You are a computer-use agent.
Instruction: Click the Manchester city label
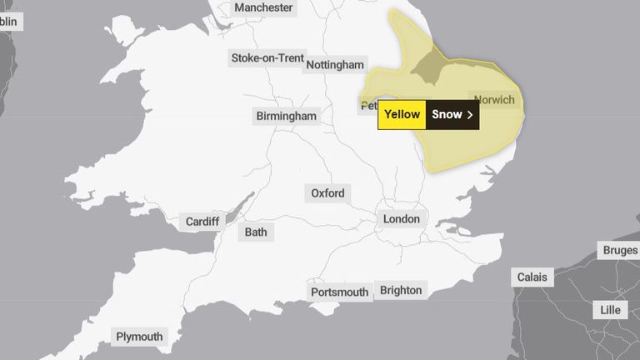(x=263, y=7)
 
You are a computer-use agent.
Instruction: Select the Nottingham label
(x=335, y=65)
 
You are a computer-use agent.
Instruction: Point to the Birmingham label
(x=287, y=116)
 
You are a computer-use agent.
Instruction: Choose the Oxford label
(x=327, y=193)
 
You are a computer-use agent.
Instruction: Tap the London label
(x=402, y=219)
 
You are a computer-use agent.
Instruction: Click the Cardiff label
(x=202, y=222)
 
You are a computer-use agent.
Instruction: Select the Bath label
(x=256, y=232)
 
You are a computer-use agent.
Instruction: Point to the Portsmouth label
(x=339, y=292)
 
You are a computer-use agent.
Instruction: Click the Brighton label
(x=402, y=290)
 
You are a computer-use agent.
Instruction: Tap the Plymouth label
(x=139, y=337)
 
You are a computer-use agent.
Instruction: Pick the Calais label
(x=532, y=277)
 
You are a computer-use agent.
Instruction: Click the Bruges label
(x=620, y=251)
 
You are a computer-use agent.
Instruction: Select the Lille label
(x=611, y=310)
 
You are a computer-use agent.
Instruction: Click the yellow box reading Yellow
(x=402, y=115)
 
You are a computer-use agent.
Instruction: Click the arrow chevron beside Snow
(x=470, y=115)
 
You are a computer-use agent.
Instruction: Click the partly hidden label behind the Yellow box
(x=367, y=106)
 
